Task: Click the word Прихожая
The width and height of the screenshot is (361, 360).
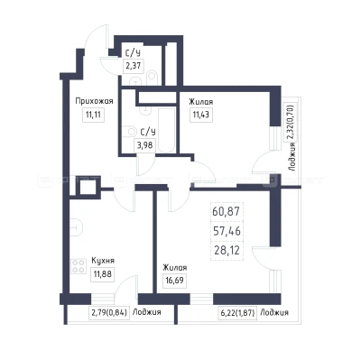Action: coord(94,101)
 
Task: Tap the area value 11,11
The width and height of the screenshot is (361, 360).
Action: coord(93,115)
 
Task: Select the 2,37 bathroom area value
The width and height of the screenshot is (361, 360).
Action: coord(133,66)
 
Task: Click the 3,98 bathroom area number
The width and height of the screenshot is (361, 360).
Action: coord(145,145)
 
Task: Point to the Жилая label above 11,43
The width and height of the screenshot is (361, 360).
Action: coord(201,102)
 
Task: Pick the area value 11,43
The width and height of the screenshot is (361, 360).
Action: coord(201,115)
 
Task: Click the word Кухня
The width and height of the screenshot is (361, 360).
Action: coord(103,261)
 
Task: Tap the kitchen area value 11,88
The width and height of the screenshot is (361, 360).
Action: coord(103,274)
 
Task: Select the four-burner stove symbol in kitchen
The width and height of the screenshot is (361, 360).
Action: coord(79,266)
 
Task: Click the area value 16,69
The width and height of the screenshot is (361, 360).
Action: coord(174,281)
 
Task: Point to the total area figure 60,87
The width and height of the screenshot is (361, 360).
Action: coord(226,211)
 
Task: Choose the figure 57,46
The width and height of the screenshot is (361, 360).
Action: coord(227,231)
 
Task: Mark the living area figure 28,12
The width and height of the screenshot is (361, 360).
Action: coord(227,250)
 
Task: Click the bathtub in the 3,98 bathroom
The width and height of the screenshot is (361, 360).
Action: coord(166,130)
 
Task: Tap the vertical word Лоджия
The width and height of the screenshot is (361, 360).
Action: coord(292,157)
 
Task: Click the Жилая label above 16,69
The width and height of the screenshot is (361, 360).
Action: coord(175,268)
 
